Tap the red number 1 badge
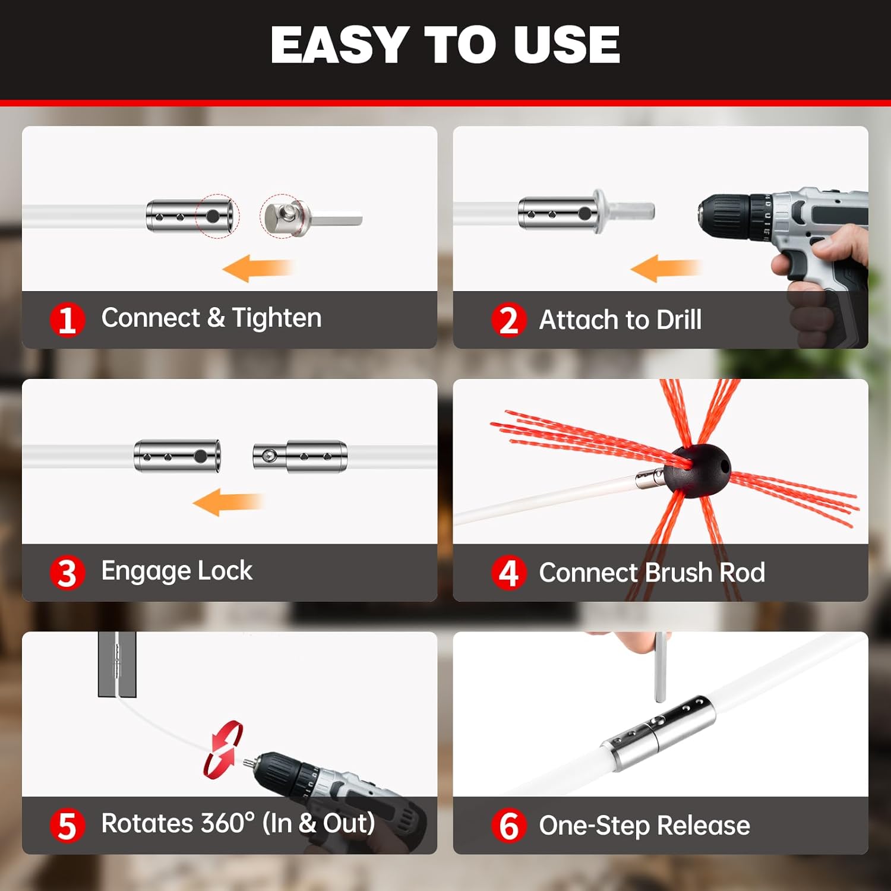tap(67, 319)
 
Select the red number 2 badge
tap(508, 320)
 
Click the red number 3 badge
tap(67, 573)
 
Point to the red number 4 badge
tap(508, 573)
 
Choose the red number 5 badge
tap(67, 826)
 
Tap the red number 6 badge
tap(508, 826)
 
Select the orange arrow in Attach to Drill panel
tap(665, 268)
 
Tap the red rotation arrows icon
tap(223, 749)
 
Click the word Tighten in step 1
tap(276, 318)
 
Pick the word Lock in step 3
tap(225, 571)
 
